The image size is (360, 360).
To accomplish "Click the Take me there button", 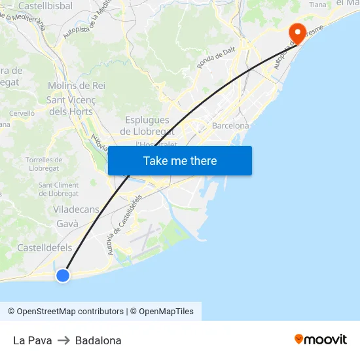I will click(180, 160).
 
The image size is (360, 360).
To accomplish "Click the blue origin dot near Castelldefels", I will click(63, 276).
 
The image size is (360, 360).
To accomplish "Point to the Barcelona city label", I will click(230, 126).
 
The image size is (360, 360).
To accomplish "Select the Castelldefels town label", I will click(45, 247).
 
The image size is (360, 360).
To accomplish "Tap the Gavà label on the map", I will click(67, 224).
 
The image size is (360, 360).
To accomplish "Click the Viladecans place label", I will click(76, 209).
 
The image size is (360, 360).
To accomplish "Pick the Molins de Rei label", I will click(77, 86).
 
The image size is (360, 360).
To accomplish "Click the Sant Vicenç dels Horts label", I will click(71, 105).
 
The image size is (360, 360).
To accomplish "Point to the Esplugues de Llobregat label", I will click(147, 126).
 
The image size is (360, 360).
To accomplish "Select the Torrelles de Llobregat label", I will click(44, 164).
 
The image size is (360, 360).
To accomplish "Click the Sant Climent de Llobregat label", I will click(58, 189).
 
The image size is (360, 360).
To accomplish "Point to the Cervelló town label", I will click(22, 113).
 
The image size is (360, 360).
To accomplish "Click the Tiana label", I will click(317, 5).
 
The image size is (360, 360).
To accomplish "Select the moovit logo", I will click(321, 340).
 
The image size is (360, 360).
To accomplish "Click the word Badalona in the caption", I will click(98, 340).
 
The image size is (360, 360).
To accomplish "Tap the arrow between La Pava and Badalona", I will click(63, 340).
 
